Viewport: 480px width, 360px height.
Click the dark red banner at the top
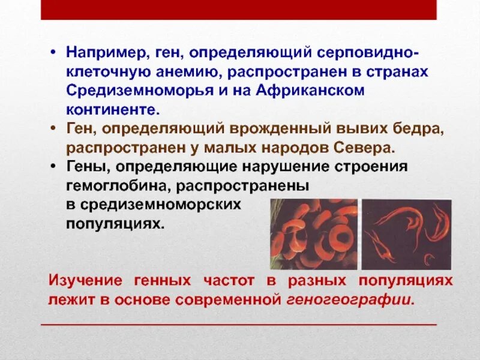[x=239, y=10]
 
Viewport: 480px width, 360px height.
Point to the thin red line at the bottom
[x=239, y=325]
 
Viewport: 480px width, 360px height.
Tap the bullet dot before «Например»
[x=54, y=54]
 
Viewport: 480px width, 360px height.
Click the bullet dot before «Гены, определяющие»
[x=54, y=166]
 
